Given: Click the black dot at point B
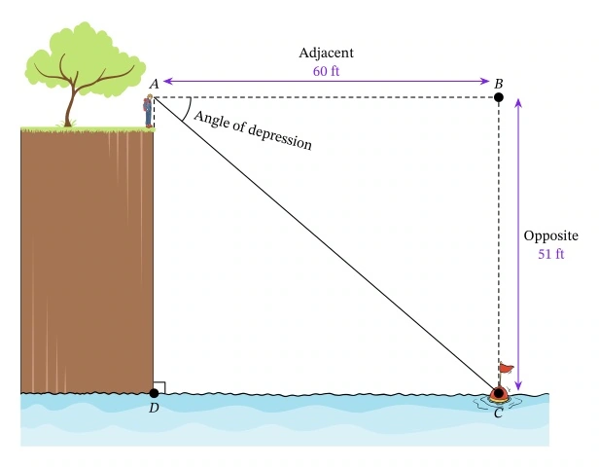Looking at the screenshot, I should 499,96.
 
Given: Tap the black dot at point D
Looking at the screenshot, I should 154,393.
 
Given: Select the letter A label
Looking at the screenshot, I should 154,85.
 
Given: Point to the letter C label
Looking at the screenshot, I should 498,414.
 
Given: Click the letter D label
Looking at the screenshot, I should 154,408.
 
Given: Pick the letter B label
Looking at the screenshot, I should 498,84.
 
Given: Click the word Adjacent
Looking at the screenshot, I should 326,53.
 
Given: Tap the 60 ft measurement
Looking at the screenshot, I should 326,71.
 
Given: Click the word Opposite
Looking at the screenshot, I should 551,236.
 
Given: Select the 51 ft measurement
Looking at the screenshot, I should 551,255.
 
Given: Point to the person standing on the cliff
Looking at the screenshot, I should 149,112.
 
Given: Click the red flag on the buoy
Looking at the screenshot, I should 506,369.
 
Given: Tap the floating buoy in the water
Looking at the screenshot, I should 499,394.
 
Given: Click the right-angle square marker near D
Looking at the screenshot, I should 159,387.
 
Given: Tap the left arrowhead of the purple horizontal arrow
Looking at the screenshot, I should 165,81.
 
